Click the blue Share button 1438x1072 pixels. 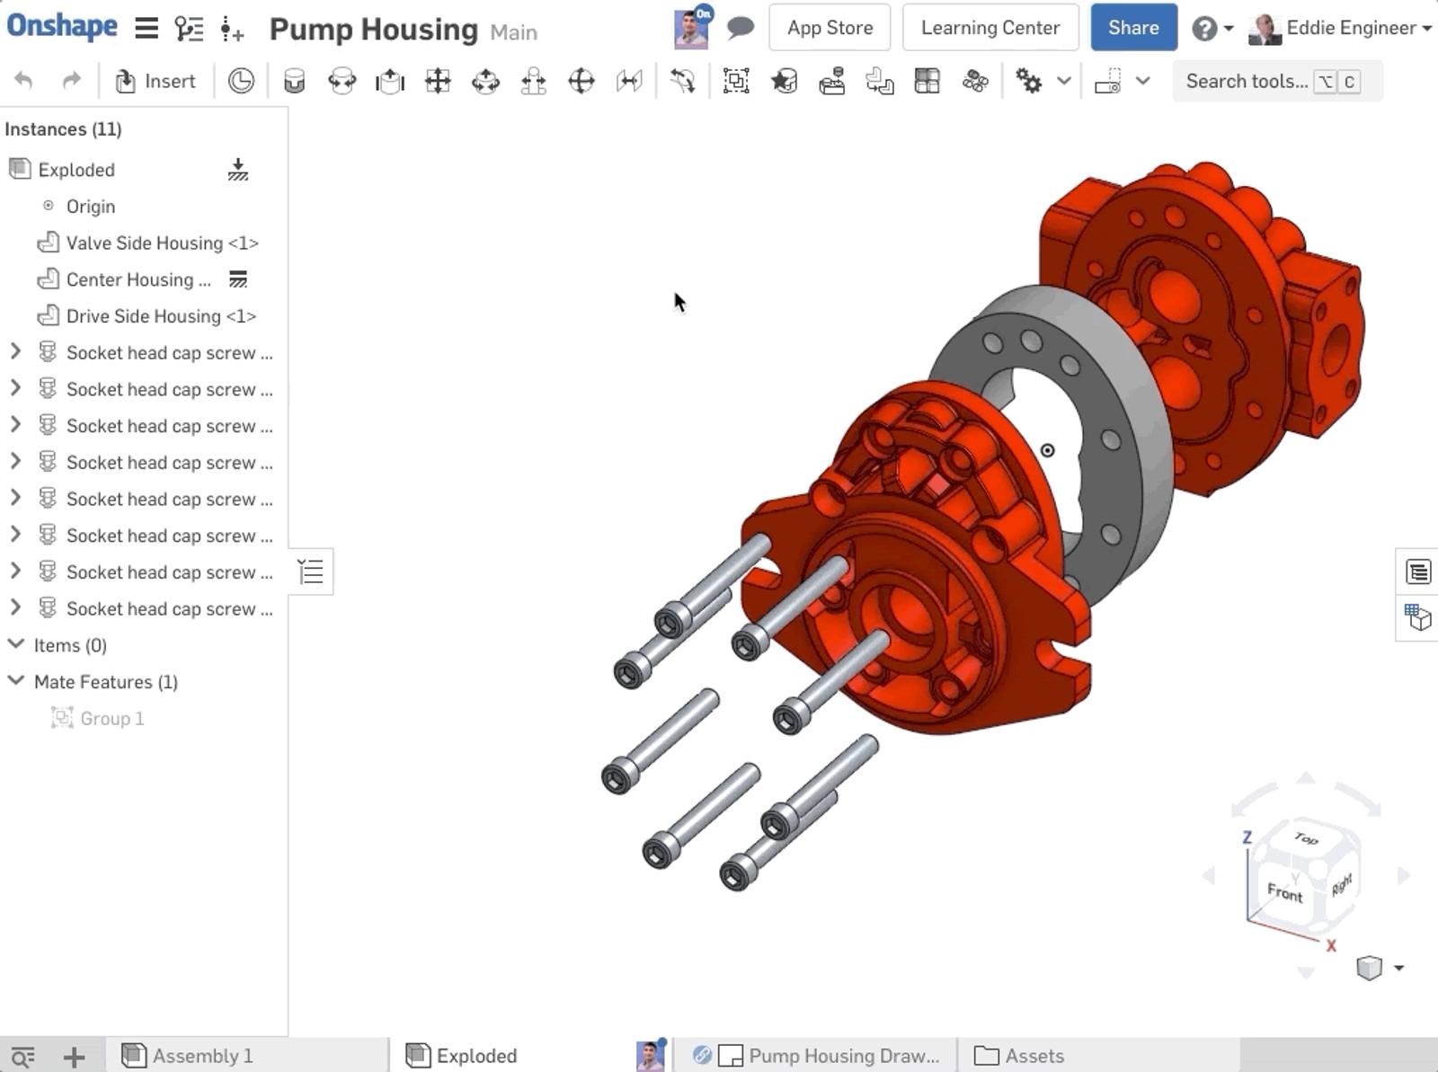click(x=1133, y=28)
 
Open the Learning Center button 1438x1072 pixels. click(x=990, y=28)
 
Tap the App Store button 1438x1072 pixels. click(x=830, y=28)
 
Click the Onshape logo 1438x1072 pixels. click(x=62, y=27)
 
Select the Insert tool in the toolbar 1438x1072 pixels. click(x=155, y=81)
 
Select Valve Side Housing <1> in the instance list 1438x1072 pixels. click(x=163, y=243)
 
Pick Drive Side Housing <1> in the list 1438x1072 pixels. click(x=161, y=316)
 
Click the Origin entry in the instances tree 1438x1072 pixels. click(x=91, y=207)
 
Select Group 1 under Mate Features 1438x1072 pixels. click(x=111, y=718)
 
